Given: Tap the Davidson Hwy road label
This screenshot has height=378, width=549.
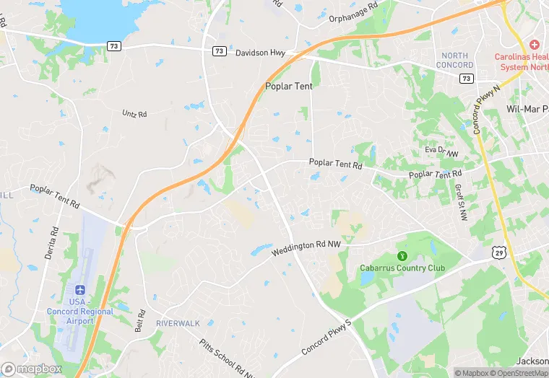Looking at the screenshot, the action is click(x=260, y=53).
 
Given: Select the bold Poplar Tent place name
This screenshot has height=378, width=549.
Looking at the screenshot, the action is click(x=288, y=86).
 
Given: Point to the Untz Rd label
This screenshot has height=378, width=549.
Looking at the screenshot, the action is click(x=134, y=114).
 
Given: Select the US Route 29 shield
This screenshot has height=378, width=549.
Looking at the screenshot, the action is click(x=498, y=251).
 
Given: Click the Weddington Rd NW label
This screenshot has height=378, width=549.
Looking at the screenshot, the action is click(x=306, y=248).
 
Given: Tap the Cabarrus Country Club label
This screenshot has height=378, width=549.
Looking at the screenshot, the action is click(x=402, y=268).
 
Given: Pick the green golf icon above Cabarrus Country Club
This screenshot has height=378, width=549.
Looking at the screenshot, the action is click(x=402, y=256).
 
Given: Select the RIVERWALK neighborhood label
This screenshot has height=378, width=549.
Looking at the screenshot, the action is click(x=178, y=323).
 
